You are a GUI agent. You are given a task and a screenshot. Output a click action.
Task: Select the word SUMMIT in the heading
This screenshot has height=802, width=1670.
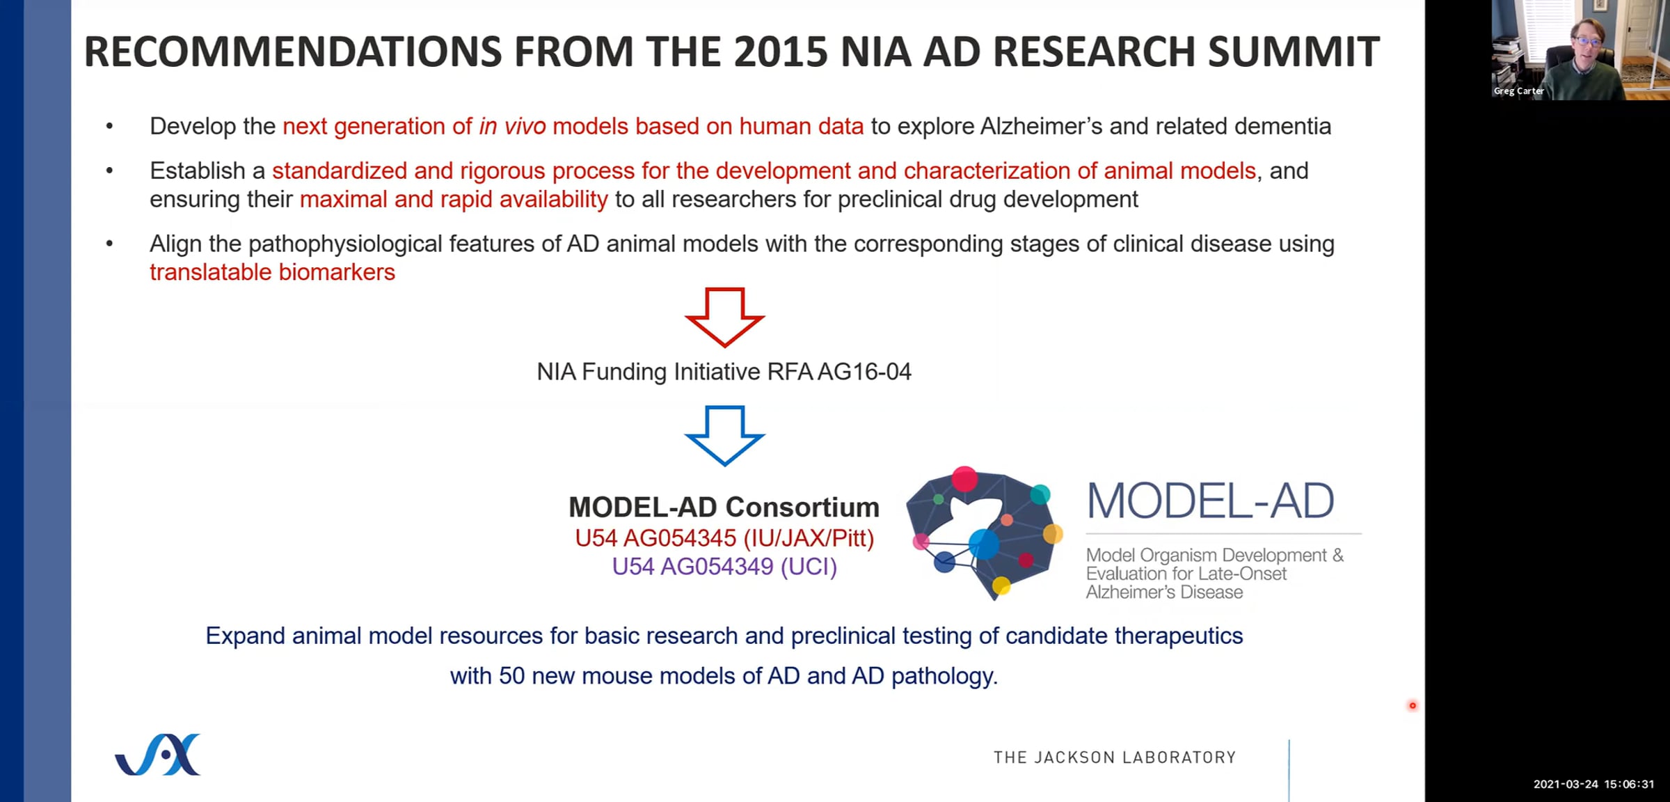[1294, 52]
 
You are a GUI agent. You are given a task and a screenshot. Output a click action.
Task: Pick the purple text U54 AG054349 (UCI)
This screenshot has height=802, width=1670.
[724, 567]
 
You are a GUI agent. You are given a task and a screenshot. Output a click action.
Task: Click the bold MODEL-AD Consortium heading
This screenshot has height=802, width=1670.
[724, 507]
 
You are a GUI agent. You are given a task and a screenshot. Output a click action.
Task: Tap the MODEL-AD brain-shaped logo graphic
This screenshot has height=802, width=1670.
[985, 533]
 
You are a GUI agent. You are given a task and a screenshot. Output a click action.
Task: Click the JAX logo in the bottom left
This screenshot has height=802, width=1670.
[158, 754]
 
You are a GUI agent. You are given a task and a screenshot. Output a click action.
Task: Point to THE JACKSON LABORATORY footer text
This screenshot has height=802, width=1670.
[1115, 757]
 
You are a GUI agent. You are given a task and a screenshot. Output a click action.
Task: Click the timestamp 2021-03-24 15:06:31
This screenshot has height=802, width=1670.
[1593, 784]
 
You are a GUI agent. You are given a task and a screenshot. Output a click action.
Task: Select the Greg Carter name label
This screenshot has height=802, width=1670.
[1518, 91]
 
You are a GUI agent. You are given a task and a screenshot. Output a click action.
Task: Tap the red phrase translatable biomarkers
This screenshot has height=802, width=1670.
[272, 272]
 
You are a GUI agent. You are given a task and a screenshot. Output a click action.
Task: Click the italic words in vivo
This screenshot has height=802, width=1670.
[512, 126]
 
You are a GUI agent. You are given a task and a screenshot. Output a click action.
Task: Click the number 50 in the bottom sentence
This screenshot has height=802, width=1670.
[511, 676]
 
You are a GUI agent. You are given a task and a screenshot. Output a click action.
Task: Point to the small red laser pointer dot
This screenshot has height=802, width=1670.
[1413, 706]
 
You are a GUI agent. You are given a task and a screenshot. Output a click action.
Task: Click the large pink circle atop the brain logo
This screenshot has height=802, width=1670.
[964, 478]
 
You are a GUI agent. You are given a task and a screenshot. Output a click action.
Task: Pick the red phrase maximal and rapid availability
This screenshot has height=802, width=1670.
[454, 200]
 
